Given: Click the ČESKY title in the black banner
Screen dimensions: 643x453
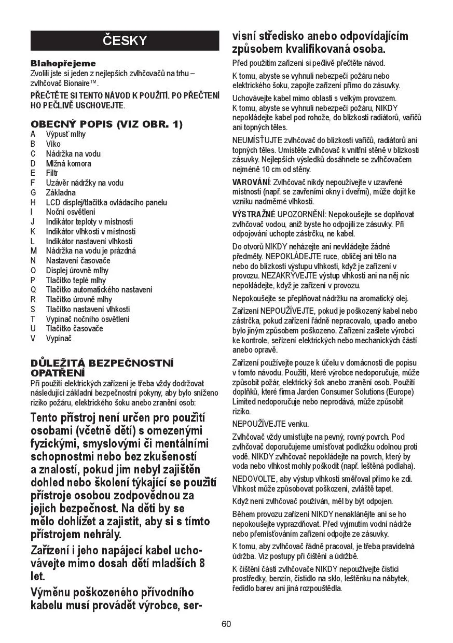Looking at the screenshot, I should pos(125,40).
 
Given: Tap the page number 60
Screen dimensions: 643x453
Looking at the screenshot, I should pos(226,624).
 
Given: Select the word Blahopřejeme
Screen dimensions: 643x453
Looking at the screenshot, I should pos(56,63).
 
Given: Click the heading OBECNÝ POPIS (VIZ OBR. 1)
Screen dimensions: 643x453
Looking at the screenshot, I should pos(106,124).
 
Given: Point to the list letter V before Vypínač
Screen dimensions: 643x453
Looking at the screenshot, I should pos(33,339).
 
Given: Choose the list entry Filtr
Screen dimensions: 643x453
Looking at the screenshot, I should pos(52,173).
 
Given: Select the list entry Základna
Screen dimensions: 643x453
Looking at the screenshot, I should pos(61,192).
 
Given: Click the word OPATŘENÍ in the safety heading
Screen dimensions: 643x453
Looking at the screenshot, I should pos(57,373).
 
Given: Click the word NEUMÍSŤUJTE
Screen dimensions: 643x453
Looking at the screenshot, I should pos(257,141).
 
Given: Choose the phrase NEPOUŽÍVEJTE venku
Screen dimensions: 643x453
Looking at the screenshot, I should pos(263,424).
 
